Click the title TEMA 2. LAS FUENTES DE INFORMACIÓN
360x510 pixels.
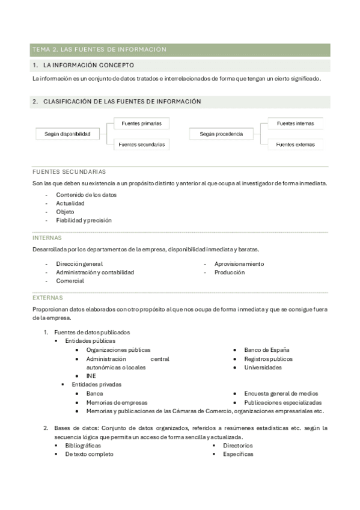pyautogui.click(x=99, y=49)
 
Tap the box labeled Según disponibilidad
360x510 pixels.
pyautogui.click(x=67, y=134)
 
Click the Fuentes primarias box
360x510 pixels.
pyautogui.click(x=141, y=123)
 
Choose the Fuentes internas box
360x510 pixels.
pyautogui.click(x=295, y=123)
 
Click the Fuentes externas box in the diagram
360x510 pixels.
pyautogui.click(x=295, y=144)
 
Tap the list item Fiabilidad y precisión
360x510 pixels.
pyautogui.click(x=84, y=220)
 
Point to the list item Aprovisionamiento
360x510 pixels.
pyautogui.click(x=239, y=263)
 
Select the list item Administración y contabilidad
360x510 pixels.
pyautogui.click(x=95, y=272)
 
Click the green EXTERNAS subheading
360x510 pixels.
pyautogui.click(x=47, y=298)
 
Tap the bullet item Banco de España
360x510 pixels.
pyautogui.click(x=267, y=349)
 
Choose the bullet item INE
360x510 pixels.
pyautogui.click(x=91, y=376)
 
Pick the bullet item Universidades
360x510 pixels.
pyautogui.click(x=263, y=367)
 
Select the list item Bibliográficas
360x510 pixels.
pyautogui.click(x=83, y=446)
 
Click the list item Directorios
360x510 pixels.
pyautogui.click(x=238, y=446)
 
